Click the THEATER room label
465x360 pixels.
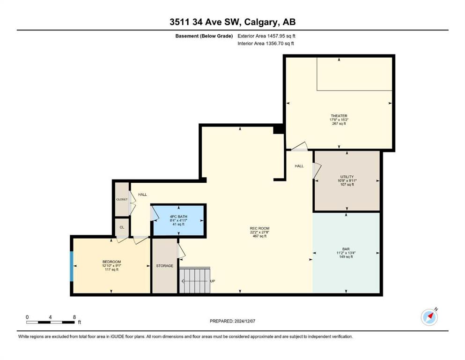339,116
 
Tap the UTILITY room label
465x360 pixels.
347,177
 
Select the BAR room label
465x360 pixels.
346,249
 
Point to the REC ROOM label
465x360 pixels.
259,228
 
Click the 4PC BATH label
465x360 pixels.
178,217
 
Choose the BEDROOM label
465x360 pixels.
111,262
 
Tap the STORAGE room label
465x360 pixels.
164,266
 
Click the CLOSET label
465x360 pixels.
122,199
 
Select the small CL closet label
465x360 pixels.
122,227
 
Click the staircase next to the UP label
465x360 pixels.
194,280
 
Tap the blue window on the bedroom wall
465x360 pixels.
72,266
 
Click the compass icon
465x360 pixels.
429,317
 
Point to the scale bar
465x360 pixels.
51,322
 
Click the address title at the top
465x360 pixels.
232,22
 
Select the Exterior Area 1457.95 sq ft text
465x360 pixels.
266,36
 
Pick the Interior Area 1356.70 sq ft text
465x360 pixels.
266,43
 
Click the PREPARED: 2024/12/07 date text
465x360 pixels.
232,321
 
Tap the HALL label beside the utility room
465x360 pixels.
299,166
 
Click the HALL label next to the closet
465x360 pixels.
142,195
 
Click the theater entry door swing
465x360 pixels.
300,147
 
